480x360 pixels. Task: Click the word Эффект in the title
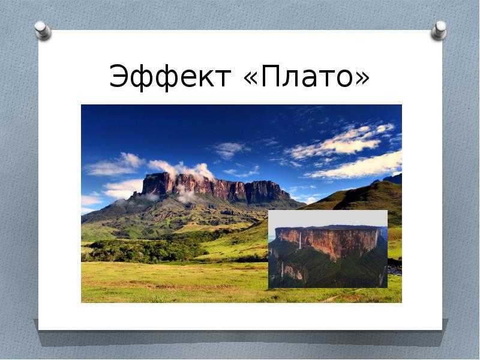pyautogui.click(x=170, y=77)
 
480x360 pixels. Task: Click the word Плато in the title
pyautogui.click(x=307, y=76)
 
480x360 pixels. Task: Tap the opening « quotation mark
pyautogui.click(x=251, y=79)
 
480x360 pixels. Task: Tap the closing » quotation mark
pyautogui.click(x=362, y=79)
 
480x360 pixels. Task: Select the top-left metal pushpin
pyautogui.click(x=42, y=31)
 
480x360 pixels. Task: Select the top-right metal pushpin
pyautogui.click(x=439, y=31)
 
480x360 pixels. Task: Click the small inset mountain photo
pyautogui.click(x=328, y=249)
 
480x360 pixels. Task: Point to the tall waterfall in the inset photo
pyautogui.click(x=301, y=240)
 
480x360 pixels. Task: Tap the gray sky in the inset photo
pyautogui.click(x=328, y=218)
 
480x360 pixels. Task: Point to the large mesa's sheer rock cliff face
pyautogui.click(x=214, y=188)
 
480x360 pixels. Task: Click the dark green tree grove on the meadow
pyautogui.click(x=144, y=250)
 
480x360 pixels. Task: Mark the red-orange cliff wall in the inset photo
pyautogui.click(x=328, y=242)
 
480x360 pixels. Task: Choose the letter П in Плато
pyautogui.click(x=271, y=76)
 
